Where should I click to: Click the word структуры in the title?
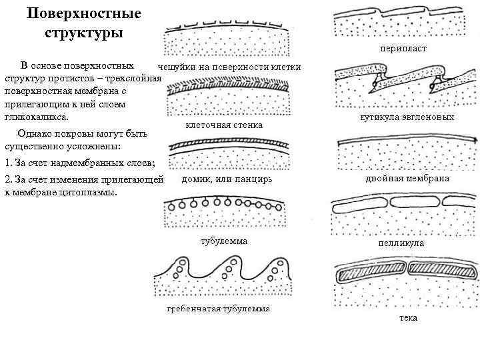pyautogui.click(x=83, y=33)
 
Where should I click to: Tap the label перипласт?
pyautogui.click(x=403, y=49)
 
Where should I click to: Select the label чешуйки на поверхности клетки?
pyautogui.click(x=229, y=67)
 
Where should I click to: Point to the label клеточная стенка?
pyautogui.click(x=223, y=125)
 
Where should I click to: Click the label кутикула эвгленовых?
pyautogui.click(x=407, y=117)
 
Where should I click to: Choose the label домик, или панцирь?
pyautogui.click(x=227, y=179)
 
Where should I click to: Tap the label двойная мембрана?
pyautogui.click(x=407, y=179)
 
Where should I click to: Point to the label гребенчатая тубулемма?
pyautogui.click(x=218, y=310)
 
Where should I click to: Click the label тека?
pyautogui.click(x=408, y=318)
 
